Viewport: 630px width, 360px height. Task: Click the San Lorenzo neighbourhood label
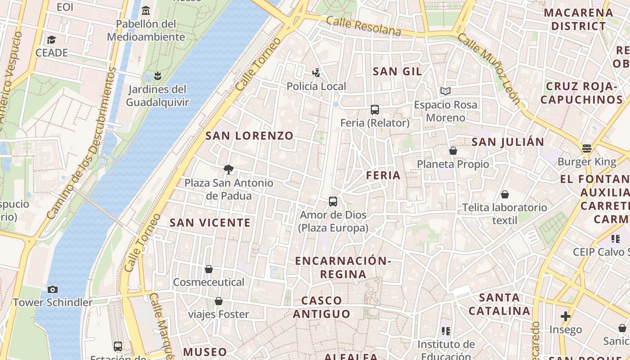[x=249, y=135]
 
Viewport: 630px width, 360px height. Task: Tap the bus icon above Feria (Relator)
[x=375, y=109]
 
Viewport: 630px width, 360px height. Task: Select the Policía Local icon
[x=316, y=72]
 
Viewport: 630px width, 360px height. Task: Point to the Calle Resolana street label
[x=364, y=26]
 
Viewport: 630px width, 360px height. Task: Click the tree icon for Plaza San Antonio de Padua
[x=229, y=170]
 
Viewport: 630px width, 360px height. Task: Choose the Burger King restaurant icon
[x=586, y=148]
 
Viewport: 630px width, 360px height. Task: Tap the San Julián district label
[x=508, y=142]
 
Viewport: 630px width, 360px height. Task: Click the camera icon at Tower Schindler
[x=53, y=289]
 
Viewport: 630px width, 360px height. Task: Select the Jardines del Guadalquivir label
[x=157, y=96]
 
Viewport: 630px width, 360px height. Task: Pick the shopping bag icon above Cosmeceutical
[x=209, y=269]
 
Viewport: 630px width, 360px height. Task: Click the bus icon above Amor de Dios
[x=333, y=202]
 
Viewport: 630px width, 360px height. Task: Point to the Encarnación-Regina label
[x=343, y=267]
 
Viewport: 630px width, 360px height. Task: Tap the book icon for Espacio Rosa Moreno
[x=445, y=91]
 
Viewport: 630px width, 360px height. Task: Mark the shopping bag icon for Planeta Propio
[x=453, y=151]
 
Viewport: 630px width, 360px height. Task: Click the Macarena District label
[x=579, y=19]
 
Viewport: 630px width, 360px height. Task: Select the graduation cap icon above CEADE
[x=51, y=40]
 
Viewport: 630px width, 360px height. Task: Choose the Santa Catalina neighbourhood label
[x=499, y=304]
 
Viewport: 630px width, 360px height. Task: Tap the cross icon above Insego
[x=566, y=316]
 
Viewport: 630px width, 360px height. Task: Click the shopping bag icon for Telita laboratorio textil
[x=505, y=194]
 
